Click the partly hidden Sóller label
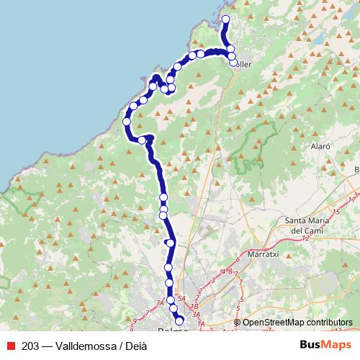pos(243,63)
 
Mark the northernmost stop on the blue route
pos(225,19)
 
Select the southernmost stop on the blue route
pos(179,321)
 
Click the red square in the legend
pos(12,346)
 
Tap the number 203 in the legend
pos(30,346)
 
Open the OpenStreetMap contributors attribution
pos(297,323)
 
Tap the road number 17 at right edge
pos(352,199)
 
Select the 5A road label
pos(182,298)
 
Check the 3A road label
pos(194,315)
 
